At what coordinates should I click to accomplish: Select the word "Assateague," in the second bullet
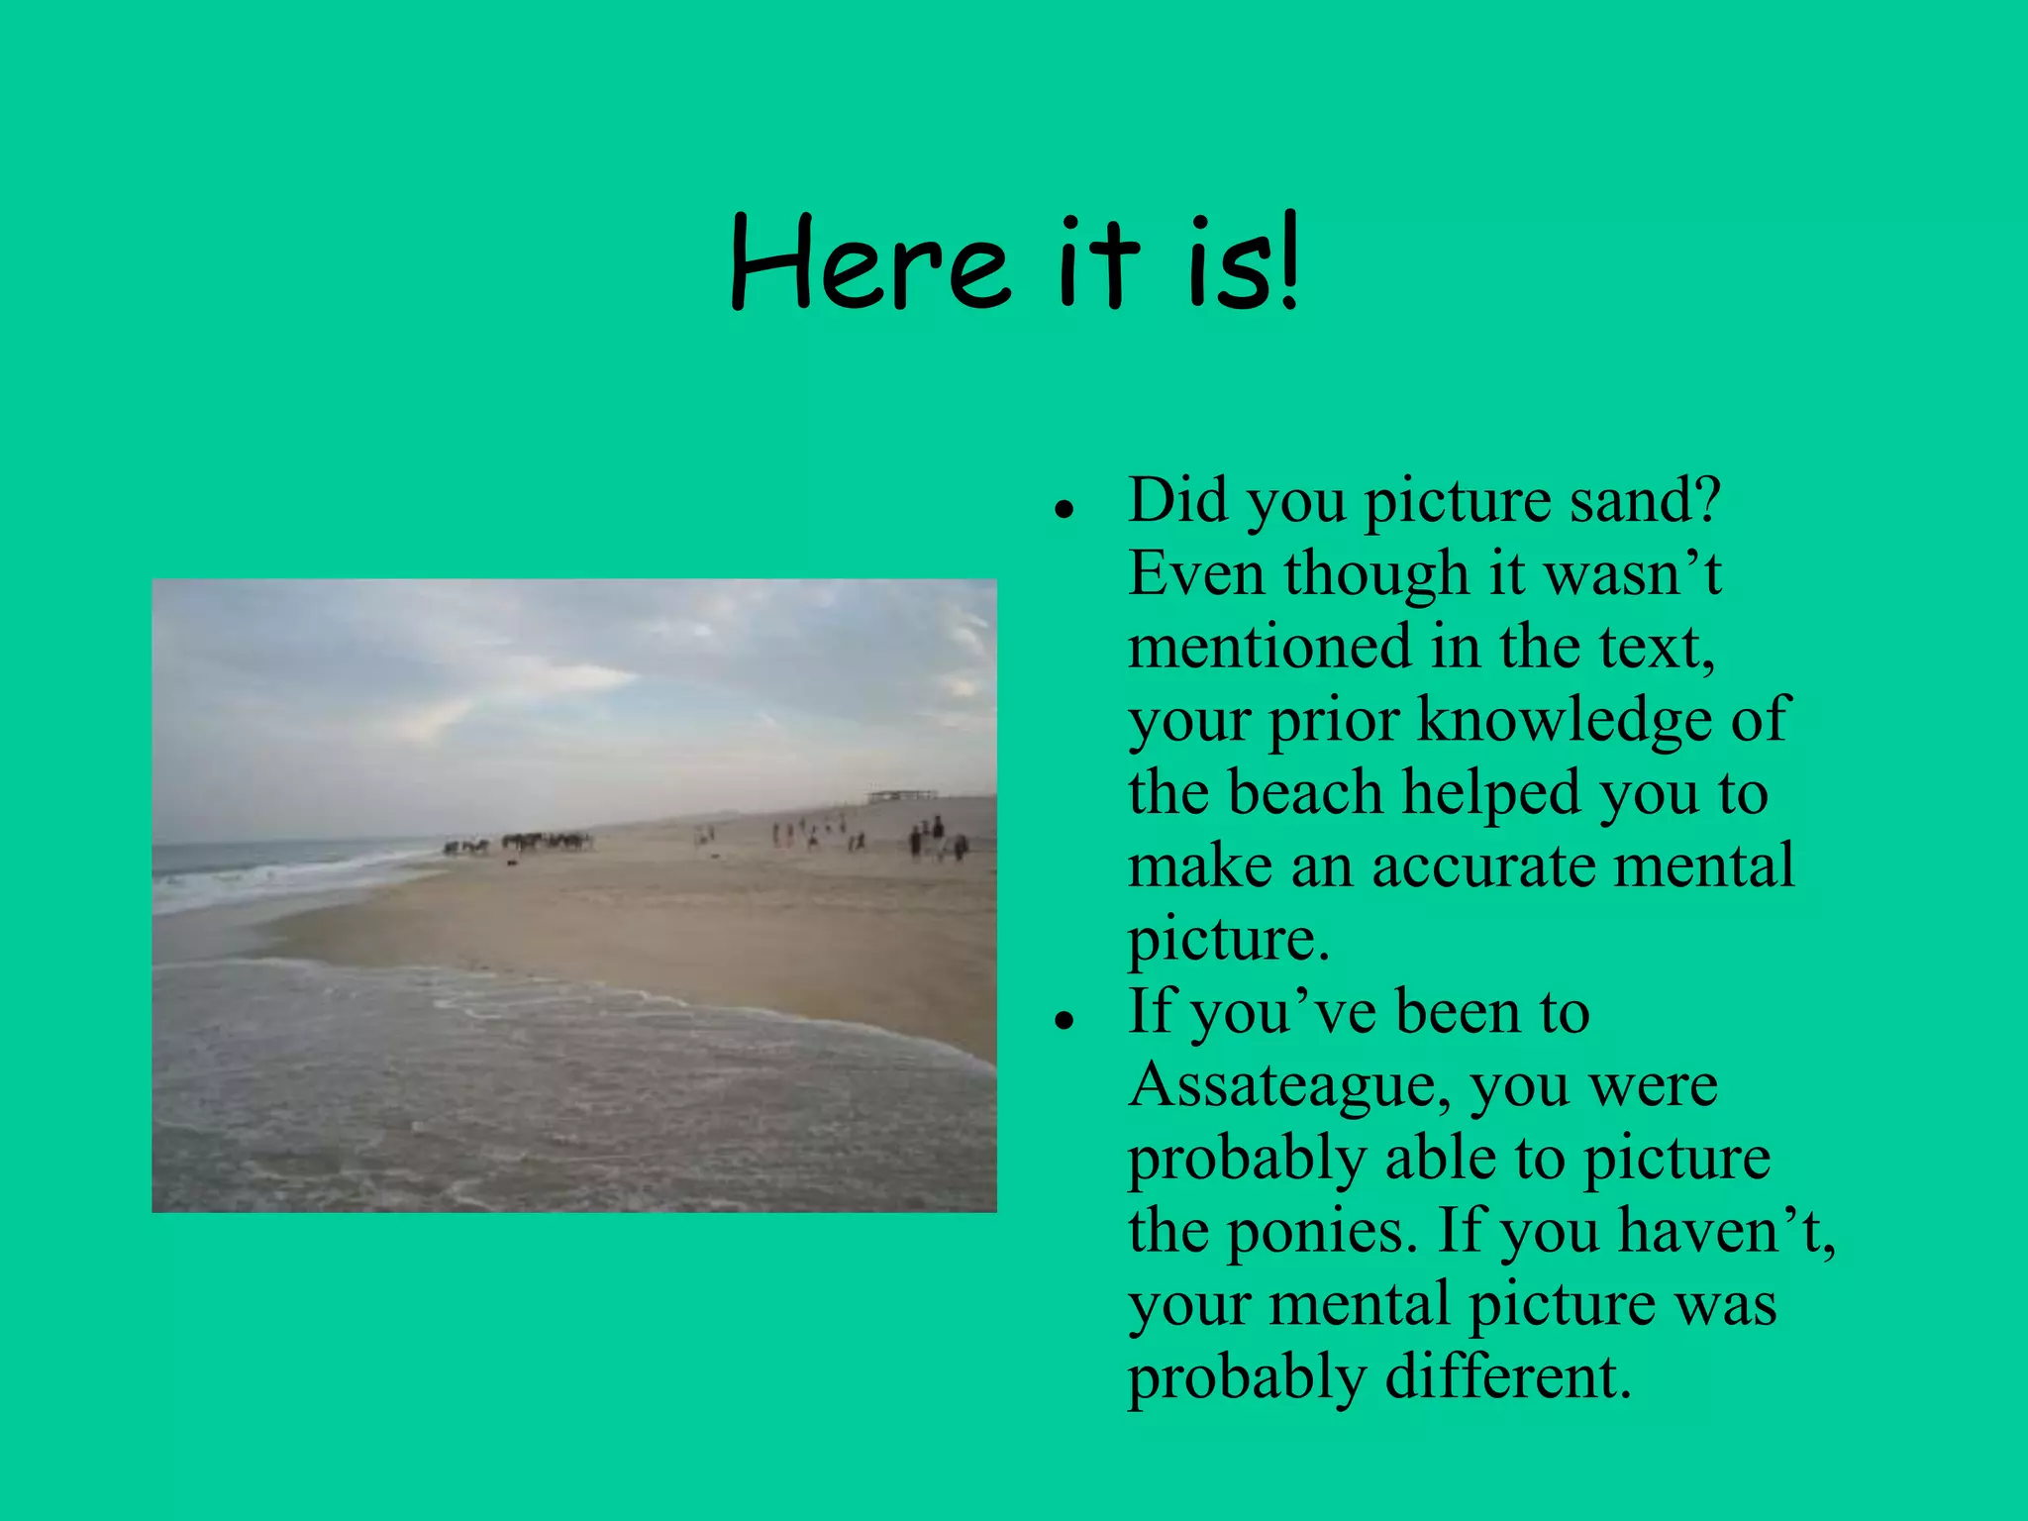pyautogui.click(x=1292, y=1086)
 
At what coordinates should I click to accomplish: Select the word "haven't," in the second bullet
pyautogui.click(x=1727, y=1231)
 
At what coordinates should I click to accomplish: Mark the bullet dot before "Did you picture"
pyautogui.click(x=1065, y=510)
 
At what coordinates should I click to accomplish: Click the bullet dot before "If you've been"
pyautogui.click(x=1065, y=1021)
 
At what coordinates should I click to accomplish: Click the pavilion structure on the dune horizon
pyautogui.click(x=901, y=794)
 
